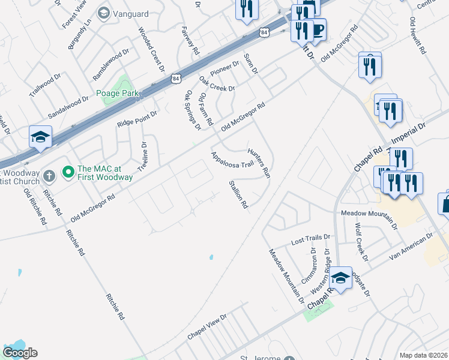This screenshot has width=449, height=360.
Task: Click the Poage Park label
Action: click(118, 93)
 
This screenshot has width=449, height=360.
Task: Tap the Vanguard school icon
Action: click(104, 13)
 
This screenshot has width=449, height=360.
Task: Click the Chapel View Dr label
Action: click(207, 327)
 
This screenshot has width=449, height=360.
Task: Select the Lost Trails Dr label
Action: click(310, 240)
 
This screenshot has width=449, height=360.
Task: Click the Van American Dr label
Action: click(411, 247)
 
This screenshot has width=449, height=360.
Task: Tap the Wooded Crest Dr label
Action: click(152, 48)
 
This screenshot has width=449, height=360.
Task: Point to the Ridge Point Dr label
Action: click(137, 118)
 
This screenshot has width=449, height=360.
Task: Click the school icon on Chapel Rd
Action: click(340, 278)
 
